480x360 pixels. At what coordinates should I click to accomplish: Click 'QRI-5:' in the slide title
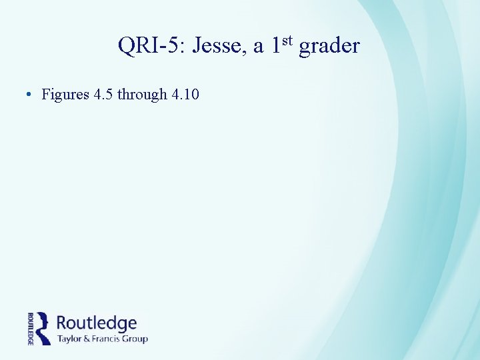click(x=151, y=46)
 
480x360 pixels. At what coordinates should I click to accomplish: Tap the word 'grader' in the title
click(x=329, y=46)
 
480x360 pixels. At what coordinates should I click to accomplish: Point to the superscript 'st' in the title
click(x=287, y=41)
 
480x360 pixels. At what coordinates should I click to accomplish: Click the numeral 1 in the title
click(x=277, y=46)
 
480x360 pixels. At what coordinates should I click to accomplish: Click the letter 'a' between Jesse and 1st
click(x=258, y=48)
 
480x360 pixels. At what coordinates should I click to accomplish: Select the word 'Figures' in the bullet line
click(x=65, y=95)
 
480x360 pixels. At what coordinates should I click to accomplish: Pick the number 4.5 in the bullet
click(x=103, y=95)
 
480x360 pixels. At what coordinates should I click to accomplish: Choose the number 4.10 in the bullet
click(x=185, y=95)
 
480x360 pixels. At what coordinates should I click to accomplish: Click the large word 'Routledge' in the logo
click(x=97, y=323)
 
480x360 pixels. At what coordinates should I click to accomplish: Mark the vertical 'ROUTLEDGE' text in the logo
click(x=31, y=328)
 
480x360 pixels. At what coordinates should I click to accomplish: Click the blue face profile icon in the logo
click(x=43, y=327)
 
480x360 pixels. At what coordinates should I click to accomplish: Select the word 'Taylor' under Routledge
click(x=71, y=339)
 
